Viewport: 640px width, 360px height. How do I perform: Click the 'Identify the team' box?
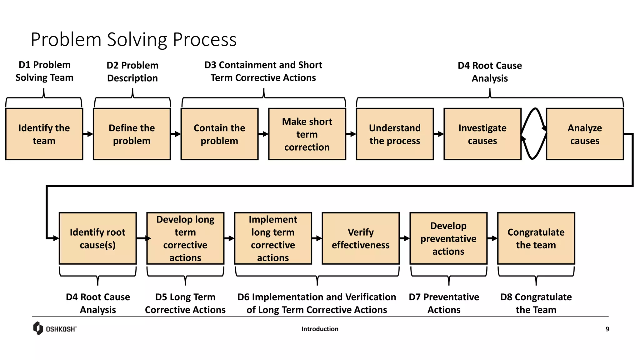click(x=44, y=134)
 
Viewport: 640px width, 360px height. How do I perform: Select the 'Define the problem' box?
click(x=132, y=134)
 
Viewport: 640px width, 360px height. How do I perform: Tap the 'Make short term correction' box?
click(x=307, y=134)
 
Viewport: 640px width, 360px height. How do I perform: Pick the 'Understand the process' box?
click(x=395, y=134)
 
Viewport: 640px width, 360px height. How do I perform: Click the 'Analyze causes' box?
click(x=584, y=134)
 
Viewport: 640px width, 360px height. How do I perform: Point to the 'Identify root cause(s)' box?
click(x=97, y=238)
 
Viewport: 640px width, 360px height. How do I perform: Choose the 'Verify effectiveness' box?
click(x=361, y=238)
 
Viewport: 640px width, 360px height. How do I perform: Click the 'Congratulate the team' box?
click(x=536, y=238)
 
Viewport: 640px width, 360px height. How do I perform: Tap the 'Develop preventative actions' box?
click(x=448, y=238)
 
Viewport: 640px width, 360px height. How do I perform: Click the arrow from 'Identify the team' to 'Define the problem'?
click(x=88, y=134)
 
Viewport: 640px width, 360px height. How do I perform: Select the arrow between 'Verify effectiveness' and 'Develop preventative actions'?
click(x=405, y=238)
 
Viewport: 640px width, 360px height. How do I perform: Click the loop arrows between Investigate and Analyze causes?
click(x=534, y=134)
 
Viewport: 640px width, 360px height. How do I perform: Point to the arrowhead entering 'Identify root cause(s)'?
click(x=56, y=238)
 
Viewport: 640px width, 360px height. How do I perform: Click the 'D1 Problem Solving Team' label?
click(x=44, y=71)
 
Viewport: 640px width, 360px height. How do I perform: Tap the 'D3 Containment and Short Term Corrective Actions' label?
click(x=263, y=71)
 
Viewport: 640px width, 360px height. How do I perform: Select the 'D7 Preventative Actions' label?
click(x=444, y=303)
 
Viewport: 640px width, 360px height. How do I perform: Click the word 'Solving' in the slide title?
click(x=137, y=40)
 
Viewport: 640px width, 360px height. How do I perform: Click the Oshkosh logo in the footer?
click(x=55, y=328)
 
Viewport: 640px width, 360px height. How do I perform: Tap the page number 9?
click(x=607, y=329)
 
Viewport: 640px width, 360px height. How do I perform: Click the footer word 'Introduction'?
click(x=320, y=329)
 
